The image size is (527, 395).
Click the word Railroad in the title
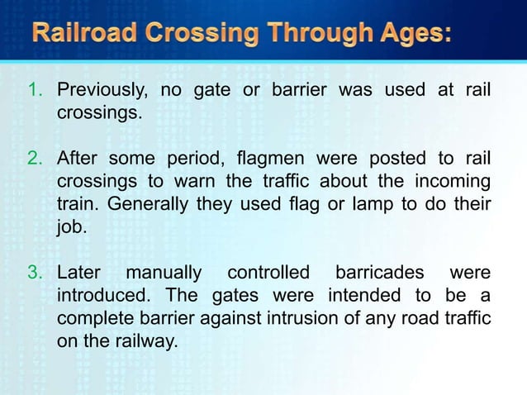[86, 35]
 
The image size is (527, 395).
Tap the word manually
[164, 273]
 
